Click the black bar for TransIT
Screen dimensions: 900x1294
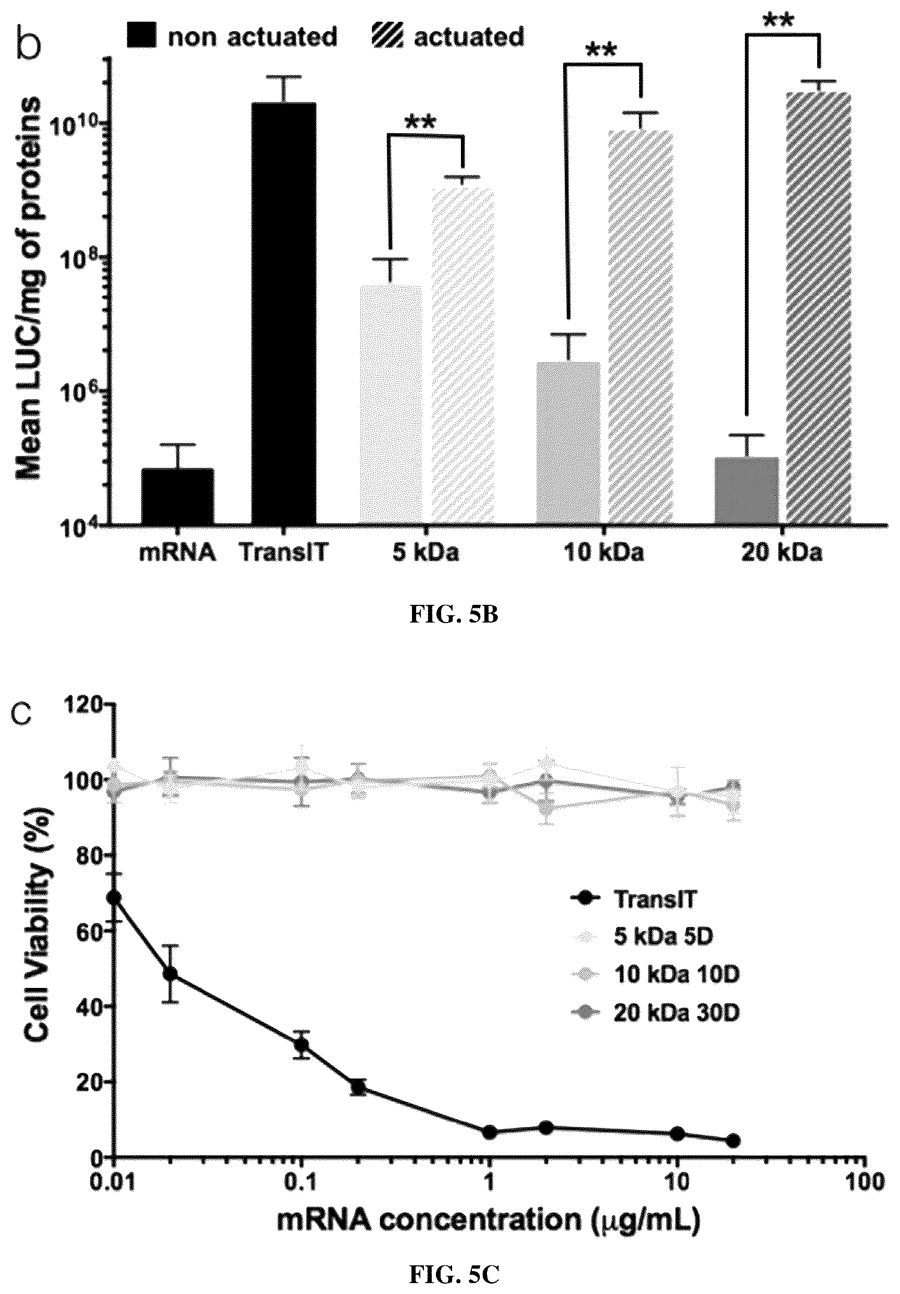tap(284, 313)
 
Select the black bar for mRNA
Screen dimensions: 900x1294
tap(177, 496)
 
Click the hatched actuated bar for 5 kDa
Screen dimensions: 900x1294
tap(463, 356)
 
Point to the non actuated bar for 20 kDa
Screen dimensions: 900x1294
tap(747, 490)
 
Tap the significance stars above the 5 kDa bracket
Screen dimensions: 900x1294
tap(420, 122)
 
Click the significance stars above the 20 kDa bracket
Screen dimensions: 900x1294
tap(778, 21)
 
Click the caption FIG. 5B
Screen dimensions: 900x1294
tap(454, 615)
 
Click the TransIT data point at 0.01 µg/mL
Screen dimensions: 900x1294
tap(115, 897)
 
